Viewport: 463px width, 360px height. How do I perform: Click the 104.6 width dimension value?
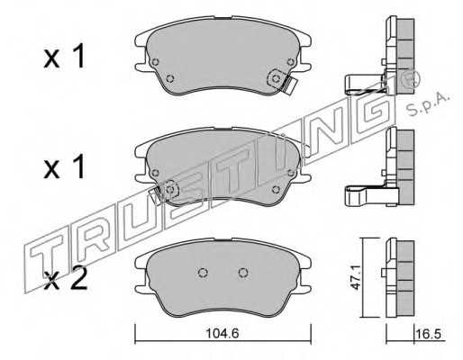point(222,333)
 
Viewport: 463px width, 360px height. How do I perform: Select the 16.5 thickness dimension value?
point(430,334)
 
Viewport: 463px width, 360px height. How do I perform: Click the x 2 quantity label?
point(65,278)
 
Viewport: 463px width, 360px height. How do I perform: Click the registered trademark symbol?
point(413,77)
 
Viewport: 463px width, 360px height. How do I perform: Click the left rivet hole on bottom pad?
point(204,273)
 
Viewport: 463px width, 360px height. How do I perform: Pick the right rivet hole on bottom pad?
point(243,273)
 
